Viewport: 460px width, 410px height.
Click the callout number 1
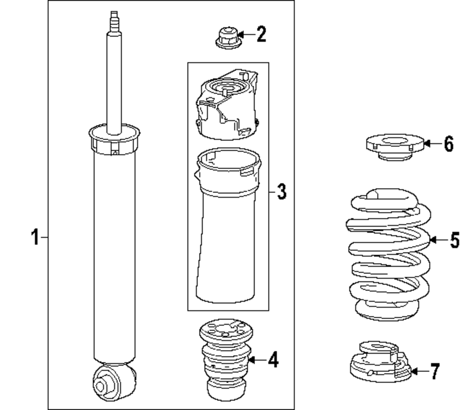(x=34, y=238)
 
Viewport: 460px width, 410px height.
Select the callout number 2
(x=261, y=35)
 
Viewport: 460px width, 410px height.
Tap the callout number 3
(x=281, y=191)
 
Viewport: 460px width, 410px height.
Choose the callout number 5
(x=454, y=240)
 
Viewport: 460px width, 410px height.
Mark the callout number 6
(x=448, y=144)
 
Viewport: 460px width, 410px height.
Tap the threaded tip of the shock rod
(x=113, y=21)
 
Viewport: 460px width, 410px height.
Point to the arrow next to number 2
(x=246, y=34)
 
